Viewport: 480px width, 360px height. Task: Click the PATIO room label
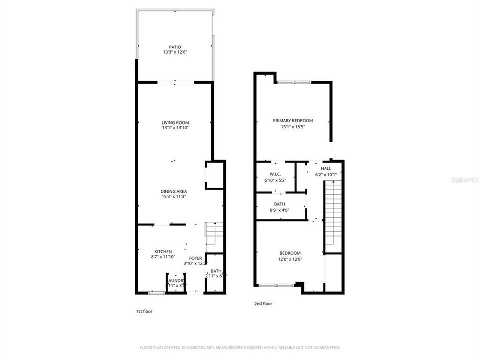click(175, 47)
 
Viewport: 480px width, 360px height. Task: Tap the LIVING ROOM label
click(175, 122)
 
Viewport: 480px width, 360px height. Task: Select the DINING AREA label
click(174, 191)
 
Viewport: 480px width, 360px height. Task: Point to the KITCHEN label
click(163, 251)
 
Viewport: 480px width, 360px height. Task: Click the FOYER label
click(195, 258)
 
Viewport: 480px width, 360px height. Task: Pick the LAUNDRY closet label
click(175, 281)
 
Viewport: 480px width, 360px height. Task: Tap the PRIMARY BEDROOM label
click(293, 120)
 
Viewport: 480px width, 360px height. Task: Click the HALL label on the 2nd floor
click(326, 169)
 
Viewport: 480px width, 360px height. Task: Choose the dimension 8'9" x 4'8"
click(279, 210)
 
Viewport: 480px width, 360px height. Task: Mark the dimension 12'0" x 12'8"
click(290, 259)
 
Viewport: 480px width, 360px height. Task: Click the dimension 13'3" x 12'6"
click(175, 52)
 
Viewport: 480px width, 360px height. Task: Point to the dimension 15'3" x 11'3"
click(174, 197)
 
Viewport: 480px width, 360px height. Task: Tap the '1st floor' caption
click(144, 311)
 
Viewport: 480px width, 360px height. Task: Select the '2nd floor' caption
click(264, 303)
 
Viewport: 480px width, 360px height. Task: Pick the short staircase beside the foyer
click(214, 234)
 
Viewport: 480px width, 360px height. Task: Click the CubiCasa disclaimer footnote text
click(240, 347)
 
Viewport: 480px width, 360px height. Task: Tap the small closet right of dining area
click(214, 175)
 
